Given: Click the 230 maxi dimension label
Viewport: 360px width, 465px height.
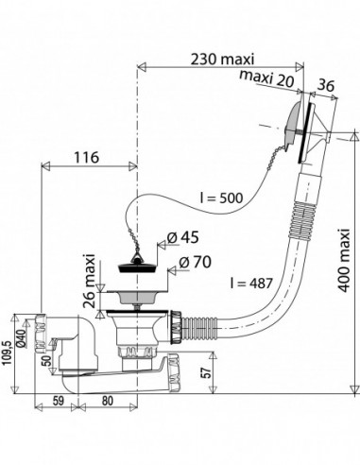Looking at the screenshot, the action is tap(222, 59).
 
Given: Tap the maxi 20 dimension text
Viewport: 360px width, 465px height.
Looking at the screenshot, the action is tap(266, 79).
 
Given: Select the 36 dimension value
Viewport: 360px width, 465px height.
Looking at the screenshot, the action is tap(325, 85).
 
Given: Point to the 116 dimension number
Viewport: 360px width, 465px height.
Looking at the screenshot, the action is tap(86, 157).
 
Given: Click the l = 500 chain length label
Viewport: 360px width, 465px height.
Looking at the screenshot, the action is tap(222, 198).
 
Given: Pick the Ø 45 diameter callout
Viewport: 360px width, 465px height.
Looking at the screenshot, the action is tap(183, 237).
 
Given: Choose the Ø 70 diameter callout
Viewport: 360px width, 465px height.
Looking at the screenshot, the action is tap(195, 262).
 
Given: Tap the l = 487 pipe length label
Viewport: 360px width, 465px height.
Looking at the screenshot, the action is tap(251, 284).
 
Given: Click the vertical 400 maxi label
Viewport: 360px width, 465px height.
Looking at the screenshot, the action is tap(345, 260).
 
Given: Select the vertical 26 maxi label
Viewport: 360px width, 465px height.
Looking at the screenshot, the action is tap(90, 281).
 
